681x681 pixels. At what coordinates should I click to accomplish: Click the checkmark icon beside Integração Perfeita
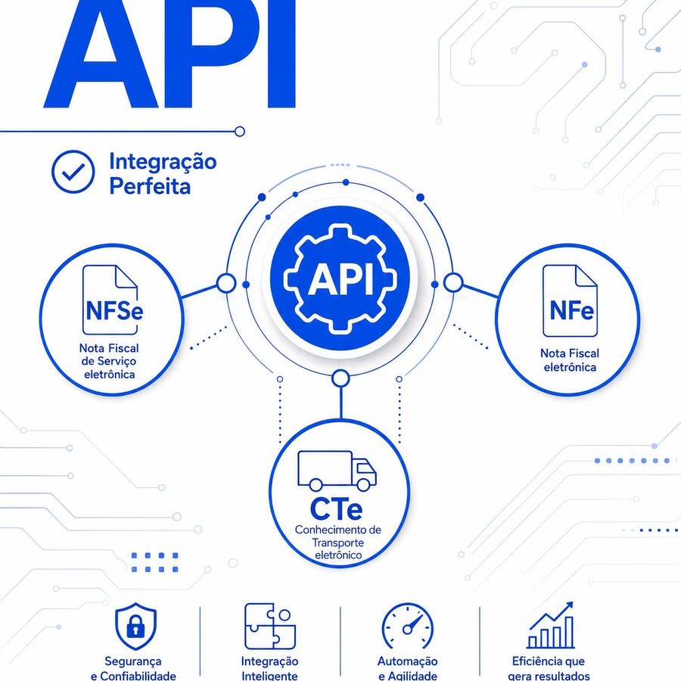73,172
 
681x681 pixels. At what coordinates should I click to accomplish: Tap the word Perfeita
150,186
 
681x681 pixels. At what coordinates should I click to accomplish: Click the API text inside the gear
340,280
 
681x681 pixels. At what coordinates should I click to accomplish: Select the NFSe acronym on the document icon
114,310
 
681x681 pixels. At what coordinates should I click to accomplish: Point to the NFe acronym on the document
571,310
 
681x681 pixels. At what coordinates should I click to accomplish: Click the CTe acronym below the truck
336,509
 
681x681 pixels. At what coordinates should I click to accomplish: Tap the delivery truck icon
337,471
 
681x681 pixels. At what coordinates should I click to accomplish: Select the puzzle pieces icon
270,626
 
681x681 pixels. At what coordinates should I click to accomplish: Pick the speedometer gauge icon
407,627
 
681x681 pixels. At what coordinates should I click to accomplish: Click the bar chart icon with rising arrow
551,626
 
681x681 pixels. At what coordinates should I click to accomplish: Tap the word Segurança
133,662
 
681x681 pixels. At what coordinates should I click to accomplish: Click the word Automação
407,662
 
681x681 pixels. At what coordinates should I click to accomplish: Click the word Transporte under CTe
338,543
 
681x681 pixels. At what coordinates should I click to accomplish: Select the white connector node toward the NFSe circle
225,284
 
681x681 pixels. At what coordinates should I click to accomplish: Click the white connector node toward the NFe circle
453,283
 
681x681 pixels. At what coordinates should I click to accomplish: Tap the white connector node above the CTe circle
340,378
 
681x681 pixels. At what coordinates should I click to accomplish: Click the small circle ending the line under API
239,131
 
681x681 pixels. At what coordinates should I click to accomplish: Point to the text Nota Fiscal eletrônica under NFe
570,360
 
